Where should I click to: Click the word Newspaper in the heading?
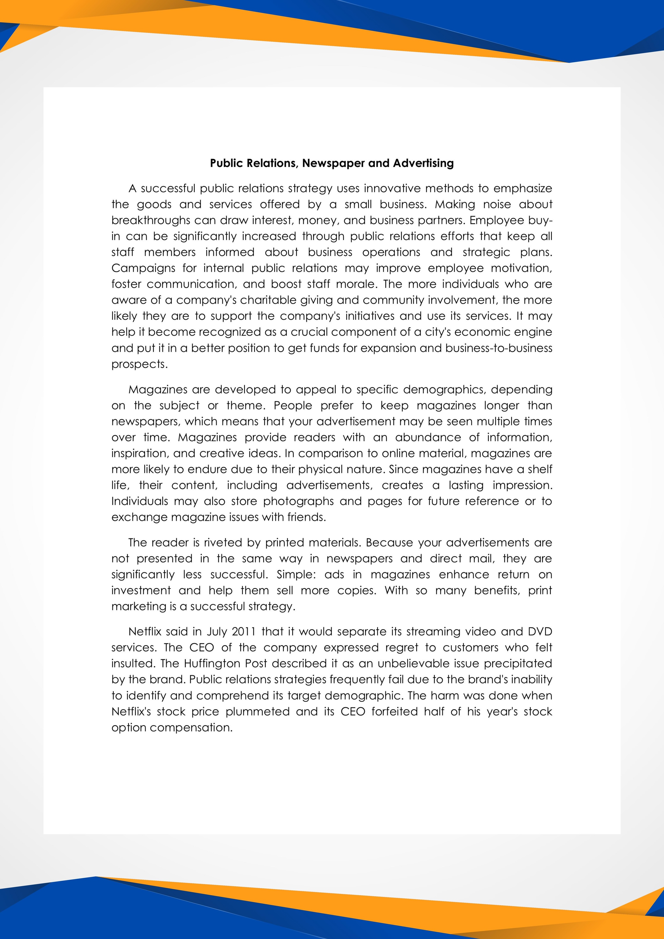pyautogui.click(x=334, y=163)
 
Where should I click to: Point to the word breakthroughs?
pyautogui.click(x=151, y=220)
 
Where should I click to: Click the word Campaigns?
pyautogui.click(x=143, y=268)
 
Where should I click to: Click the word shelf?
pyautogui.click(x=540, y=469)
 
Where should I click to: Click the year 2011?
pyautogui.click(x=243, y=632)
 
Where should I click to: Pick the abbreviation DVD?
pyautogui.click(x=540, y=632)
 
